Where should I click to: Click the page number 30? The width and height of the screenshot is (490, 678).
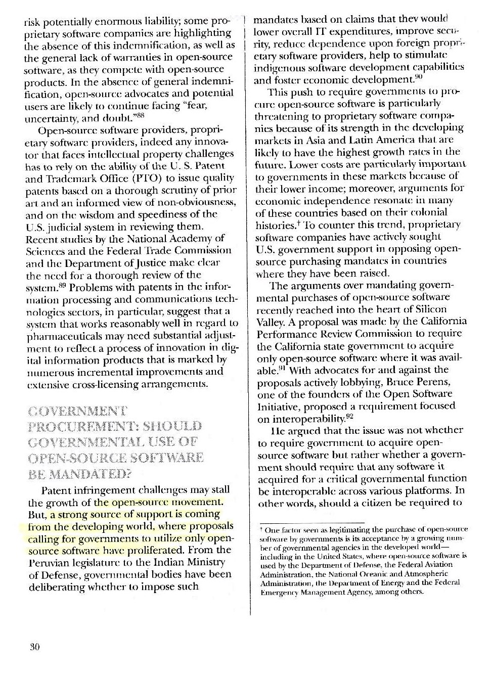[34, 647]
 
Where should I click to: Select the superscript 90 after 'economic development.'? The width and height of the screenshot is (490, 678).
[419, 77]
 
